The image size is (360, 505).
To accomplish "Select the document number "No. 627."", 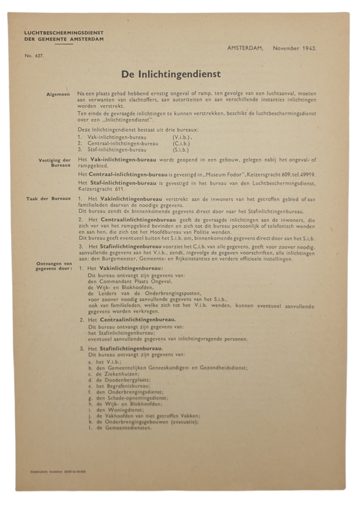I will tap(35, 55).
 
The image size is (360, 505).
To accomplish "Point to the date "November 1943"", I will tap(295, 47).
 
